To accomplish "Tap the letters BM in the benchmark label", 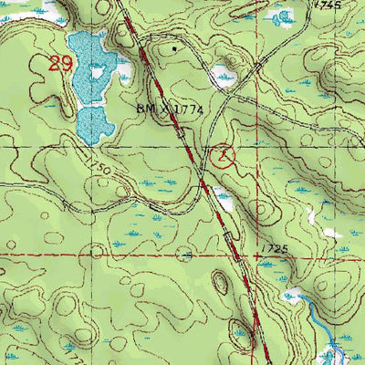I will pos(145,109).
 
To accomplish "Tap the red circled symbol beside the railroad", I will pos(223,156).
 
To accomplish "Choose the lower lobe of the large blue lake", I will pos(91,123).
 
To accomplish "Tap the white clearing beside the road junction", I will pos(222,78).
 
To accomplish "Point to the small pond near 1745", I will pos(281,18).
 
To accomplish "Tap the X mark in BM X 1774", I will pos(162,109).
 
